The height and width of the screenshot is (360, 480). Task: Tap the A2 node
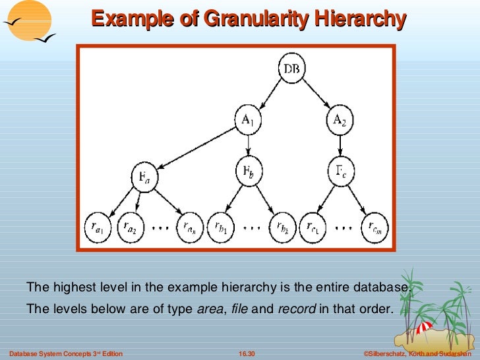[340, 119]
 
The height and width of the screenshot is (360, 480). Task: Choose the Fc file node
[340, 173]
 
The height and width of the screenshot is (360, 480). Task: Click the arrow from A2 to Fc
[340, 146]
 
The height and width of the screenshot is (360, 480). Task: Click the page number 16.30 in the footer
[247, 355]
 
